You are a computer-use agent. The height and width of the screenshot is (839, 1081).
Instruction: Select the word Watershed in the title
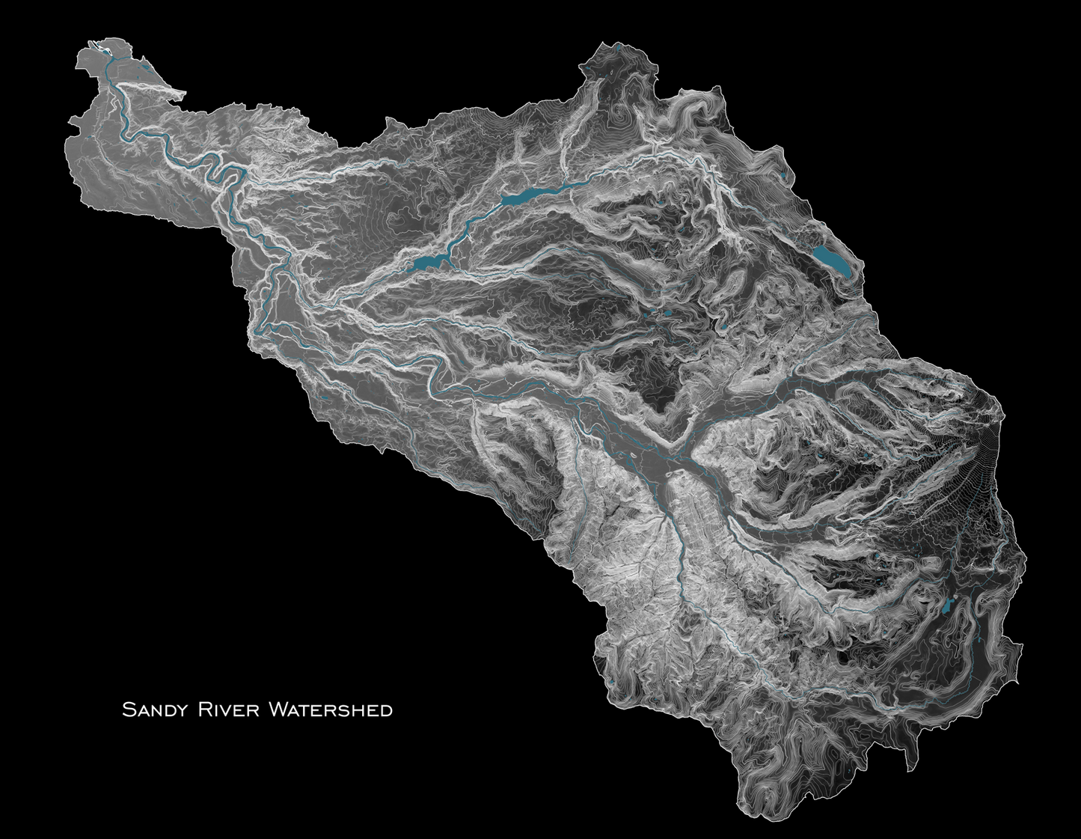(329, 709)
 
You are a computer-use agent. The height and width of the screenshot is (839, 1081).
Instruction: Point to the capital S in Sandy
(128, 709)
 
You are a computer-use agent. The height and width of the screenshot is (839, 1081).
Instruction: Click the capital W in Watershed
(276, 709)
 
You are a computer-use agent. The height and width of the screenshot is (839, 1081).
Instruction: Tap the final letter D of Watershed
(387, 710)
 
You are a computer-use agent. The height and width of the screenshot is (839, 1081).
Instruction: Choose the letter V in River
(226, 710)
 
